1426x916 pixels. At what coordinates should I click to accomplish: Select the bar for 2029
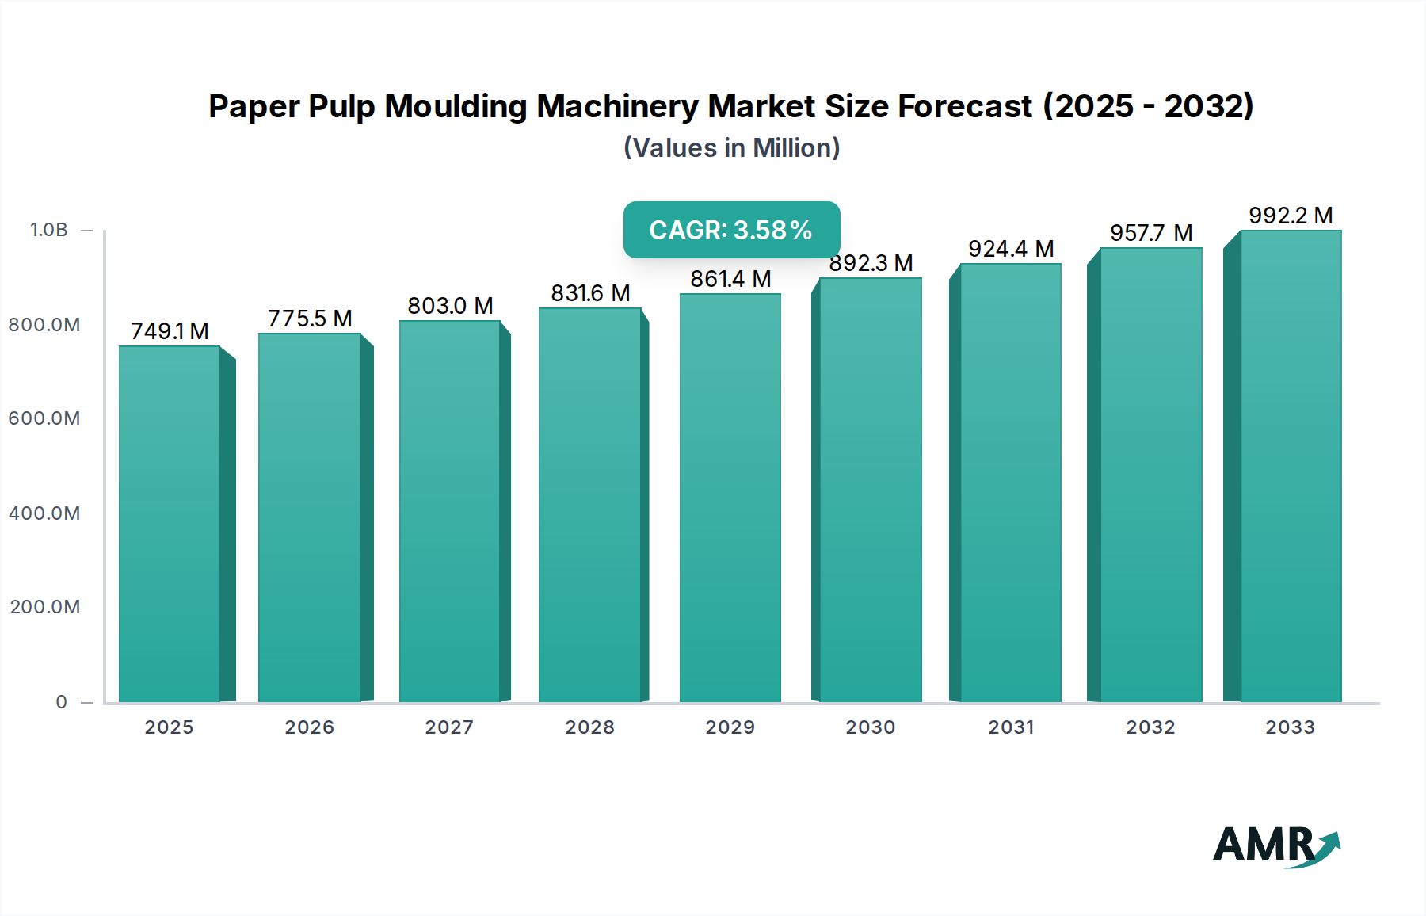pos(730,498)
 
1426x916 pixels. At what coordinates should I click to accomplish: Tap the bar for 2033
pos(1290,466)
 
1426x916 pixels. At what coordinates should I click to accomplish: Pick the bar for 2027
pos(449,511)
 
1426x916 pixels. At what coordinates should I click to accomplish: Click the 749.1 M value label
pos(170,331)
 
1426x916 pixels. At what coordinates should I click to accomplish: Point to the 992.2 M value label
pos(1291,216)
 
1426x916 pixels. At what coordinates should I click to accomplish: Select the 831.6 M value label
pos(590,293)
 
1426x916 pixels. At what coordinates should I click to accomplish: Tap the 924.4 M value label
pos(1011,249)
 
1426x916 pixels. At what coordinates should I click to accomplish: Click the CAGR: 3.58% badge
pos(731,230)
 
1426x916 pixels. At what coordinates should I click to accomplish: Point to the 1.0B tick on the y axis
pos(49,230)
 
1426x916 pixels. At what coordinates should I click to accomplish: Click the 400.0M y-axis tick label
pos(44,513)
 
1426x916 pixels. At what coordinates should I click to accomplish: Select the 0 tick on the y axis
pos(62,702)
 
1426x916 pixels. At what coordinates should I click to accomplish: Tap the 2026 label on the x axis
pos(309,727)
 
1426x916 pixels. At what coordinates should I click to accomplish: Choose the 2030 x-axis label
pos(870,727)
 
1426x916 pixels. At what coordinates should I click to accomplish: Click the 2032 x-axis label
pos(1150,727)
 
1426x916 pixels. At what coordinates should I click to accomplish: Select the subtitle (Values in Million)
pos(731,148)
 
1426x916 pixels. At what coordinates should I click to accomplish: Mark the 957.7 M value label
pos(1150,233)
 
